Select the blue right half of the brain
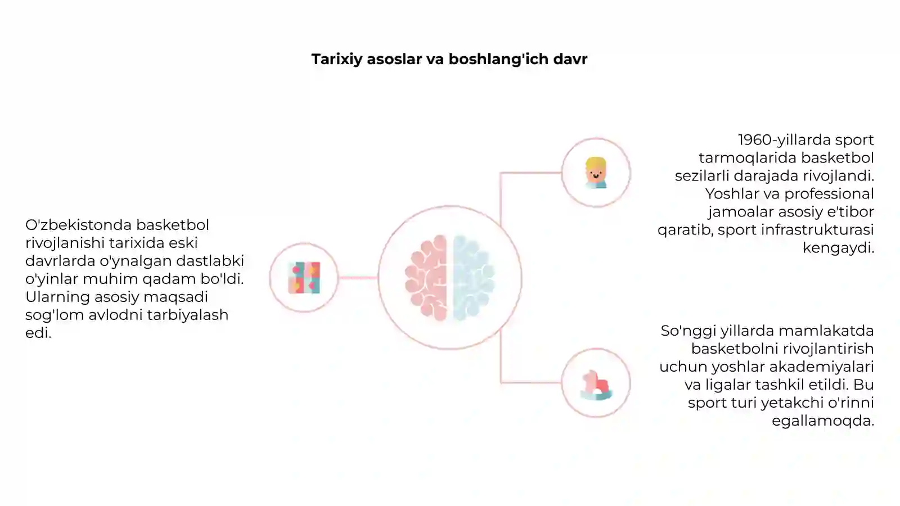click(474, 278)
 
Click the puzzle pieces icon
click(304, 278)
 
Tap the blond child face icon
click(596, 173)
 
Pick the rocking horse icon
click(596, 385)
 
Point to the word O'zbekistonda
click(78, 225)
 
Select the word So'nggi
click(688, 332)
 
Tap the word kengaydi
click(838, 248)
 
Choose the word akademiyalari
click(821, 367)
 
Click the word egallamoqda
click(823, 421)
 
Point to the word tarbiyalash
click(188, 315)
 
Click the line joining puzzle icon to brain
click(358, 278)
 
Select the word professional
click(829, 195)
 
